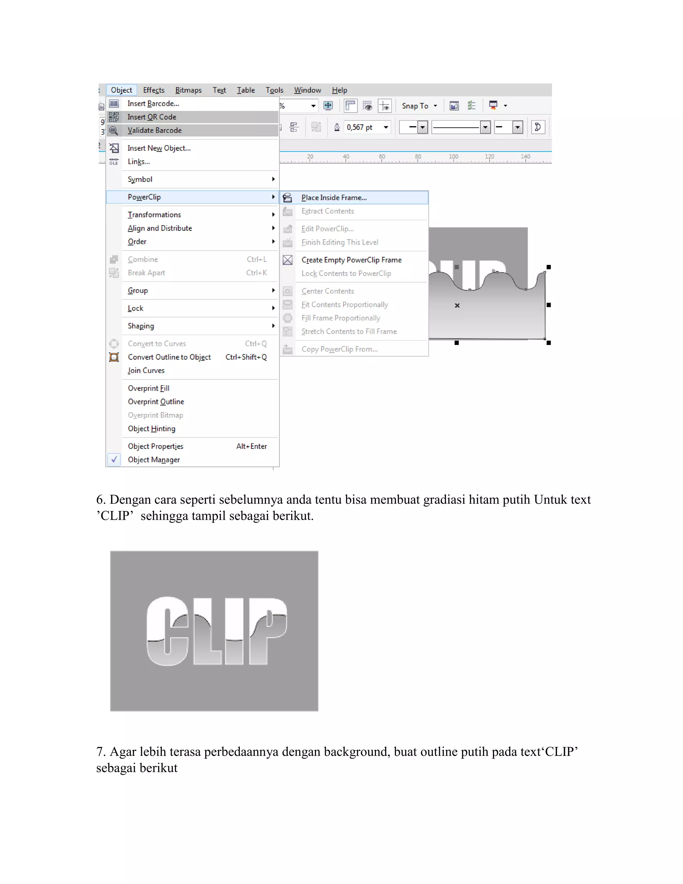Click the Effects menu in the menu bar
pyautogui.click(x=153, y=90)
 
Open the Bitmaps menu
pyautogui.click(x=188, y=90)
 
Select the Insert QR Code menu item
pyautogui.click(x=152, y=117)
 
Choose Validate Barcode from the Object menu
pyautogui.click(x=154, y=130)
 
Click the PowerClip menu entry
pyautogui.click(x=144, y=197)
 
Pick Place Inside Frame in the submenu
pyautogui.click(x=334, y=197)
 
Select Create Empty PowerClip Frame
pyautogui.click(x=351, y=260)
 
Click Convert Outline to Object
pyautogui.click(x=169, y=357)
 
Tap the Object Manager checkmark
pyautogui.click(x=114, y=459)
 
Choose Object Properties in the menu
pyautogui.click(x=155, y=446)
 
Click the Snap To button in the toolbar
pyautogui.click(x=415, y=106)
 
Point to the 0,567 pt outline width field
pyautogui.click(x=360, y=127)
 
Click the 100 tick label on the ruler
pyautogui.click(x=454, y=157)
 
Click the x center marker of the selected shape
pyautogui.click(x=457, y=305)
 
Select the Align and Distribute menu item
pyautogui.click(x=160, y=228)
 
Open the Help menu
pyautogui.click(x=339, y=90)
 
